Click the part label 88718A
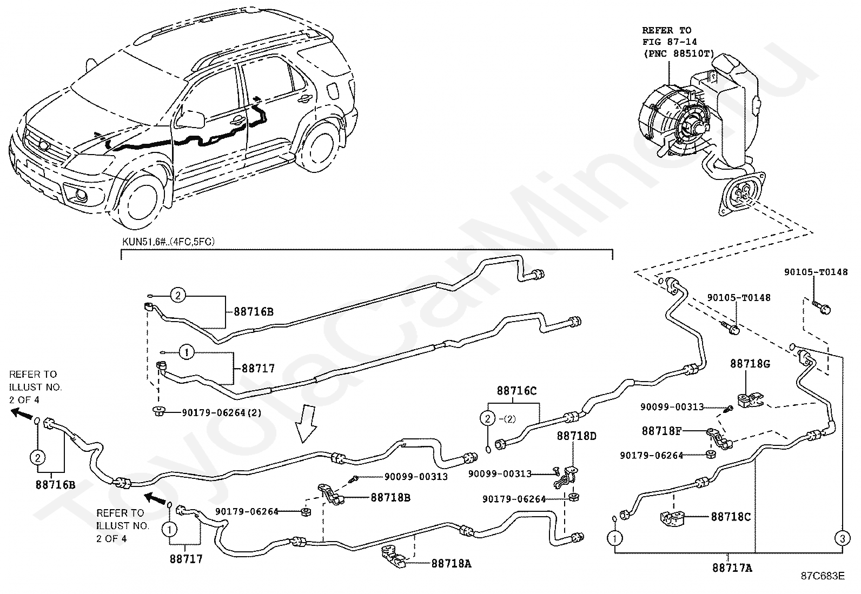pyautogui.click(x=451, y=564)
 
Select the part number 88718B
pyautogui.click(x=390, y=498)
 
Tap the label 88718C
pyautogui.click(x=731, y=517)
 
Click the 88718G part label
pyautogui.click(x=750, y=363)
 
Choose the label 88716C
pyautogui.click(x=516, y=391)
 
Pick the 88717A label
pyautogui.click(x=732, y=568)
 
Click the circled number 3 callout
pyautogui.click(x=843, y=539)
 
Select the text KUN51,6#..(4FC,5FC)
pyautogui.click(x=168, y=242)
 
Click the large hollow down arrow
pyautogui.click(x=307, y=423)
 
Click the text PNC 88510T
pyautogui.click(x=678, y=54)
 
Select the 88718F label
pyautogui.click(x=661, y=431)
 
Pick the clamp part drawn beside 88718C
pyautogui.click(x=673, y=518)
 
